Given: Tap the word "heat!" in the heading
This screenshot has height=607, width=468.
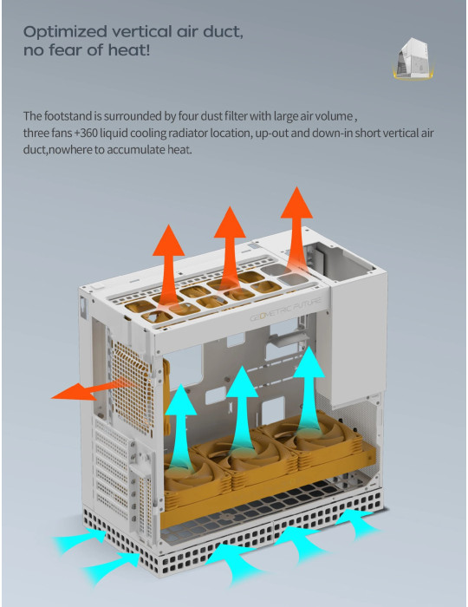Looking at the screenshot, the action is (x=129, y=50).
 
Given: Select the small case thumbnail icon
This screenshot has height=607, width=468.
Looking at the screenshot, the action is (x=413, y=59).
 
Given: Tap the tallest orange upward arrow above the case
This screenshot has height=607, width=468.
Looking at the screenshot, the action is (x=296, y=228).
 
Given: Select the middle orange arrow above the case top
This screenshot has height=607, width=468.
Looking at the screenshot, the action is (x=230, y=248).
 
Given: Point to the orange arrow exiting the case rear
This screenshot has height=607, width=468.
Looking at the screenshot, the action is (x=93, y=390).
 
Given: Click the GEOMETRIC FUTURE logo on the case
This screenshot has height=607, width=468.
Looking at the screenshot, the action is (x=285, y=310).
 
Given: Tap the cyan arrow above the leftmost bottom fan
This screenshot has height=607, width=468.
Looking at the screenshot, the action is (x=180, y=428).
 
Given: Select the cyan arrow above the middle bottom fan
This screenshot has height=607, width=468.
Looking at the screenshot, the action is (x=242, y=410).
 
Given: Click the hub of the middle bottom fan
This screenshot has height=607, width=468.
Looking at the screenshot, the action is (x=243, y=454).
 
